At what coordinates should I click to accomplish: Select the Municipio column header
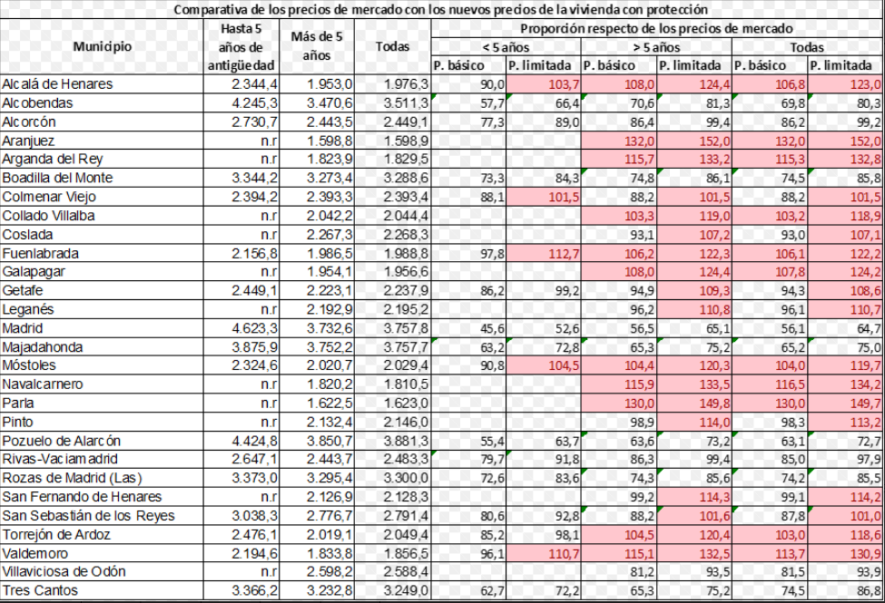(x=103, y=46)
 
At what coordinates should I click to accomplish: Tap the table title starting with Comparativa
(x=441, y=10)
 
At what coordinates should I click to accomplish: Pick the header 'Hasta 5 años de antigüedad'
(x=241, y=46)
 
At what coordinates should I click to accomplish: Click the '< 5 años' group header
(x=507, y=46)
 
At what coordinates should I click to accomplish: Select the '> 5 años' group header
(x=657, y=46)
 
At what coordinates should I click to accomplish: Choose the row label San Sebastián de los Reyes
(x=88, y=516)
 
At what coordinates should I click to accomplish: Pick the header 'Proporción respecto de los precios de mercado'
(x=657, y=28)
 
